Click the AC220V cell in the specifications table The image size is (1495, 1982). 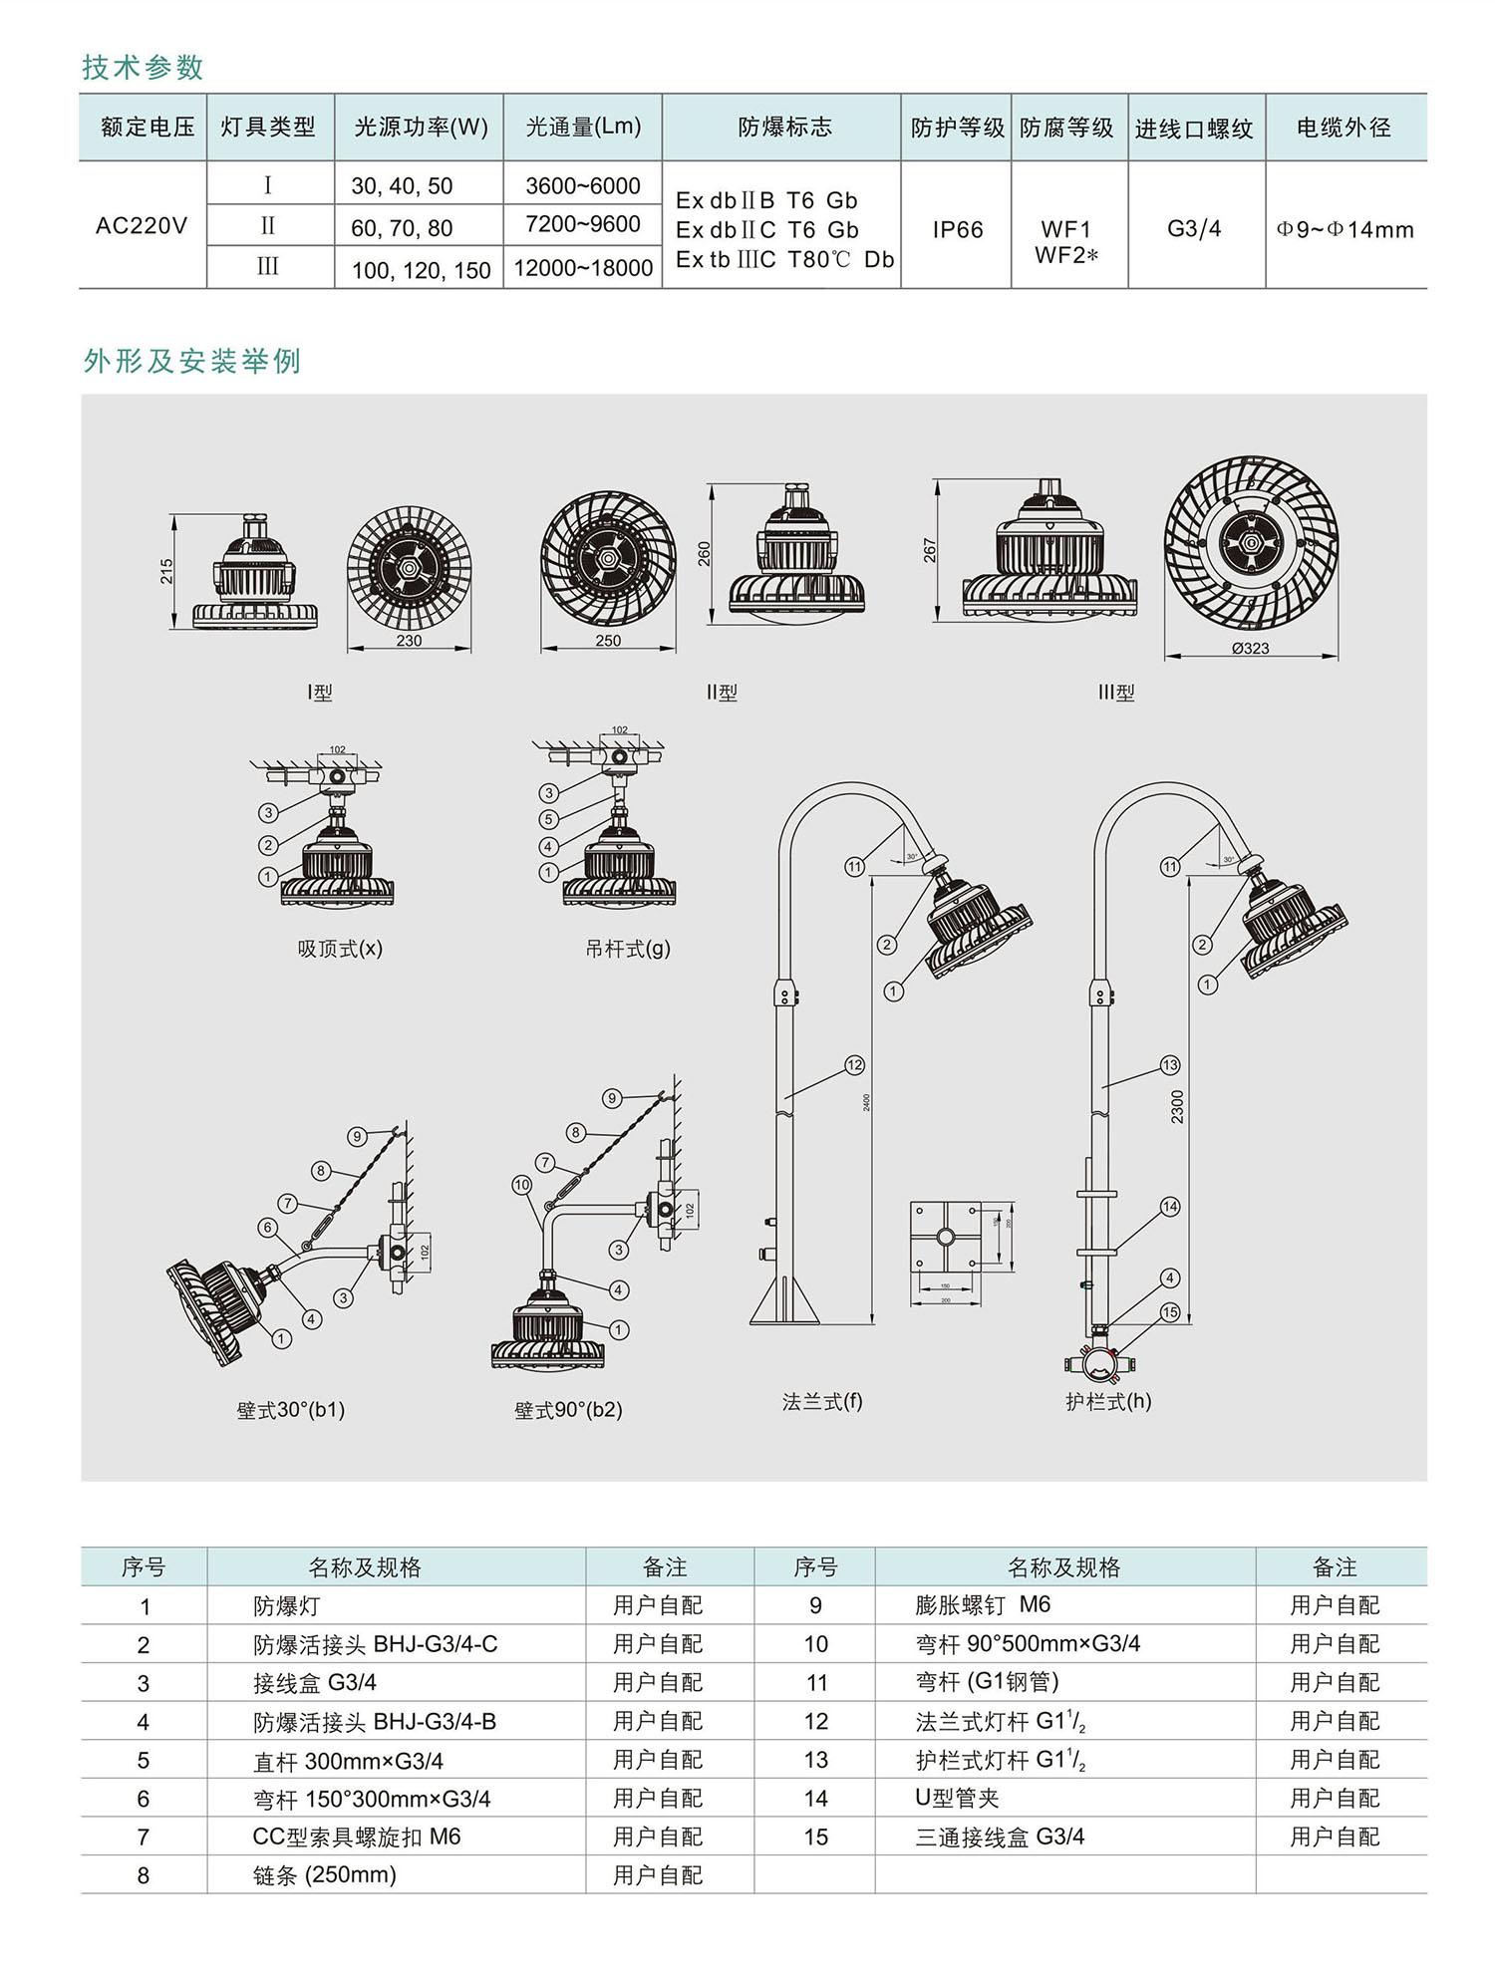(142, 226)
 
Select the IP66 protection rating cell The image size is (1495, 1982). (957, 230)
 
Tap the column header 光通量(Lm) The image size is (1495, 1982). (583, 127)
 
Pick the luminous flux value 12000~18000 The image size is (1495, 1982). (583, 268)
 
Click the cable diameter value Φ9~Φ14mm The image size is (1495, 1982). (1345, 230)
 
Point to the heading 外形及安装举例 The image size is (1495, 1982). (192, 361)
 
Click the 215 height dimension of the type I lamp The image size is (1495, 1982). (166, 571)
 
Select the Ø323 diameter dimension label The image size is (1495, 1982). (1250, 649)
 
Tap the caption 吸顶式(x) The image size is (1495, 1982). (340, 949)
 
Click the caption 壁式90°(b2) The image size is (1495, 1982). (568, 1410)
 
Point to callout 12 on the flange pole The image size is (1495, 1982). (854, 1065)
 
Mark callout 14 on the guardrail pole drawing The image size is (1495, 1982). (1170, 1207)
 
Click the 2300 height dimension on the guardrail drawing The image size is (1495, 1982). (1177, 1106)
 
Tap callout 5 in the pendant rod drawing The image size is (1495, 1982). (548, 819)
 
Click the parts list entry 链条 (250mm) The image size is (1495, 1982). (325, 1875)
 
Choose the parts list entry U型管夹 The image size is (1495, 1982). (957, 1798)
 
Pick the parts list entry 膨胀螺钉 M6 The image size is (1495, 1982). (983, 1605)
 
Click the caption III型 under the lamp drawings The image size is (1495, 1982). (1116, 693)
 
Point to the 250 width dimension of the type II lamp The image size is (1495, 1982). (608, 641)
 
